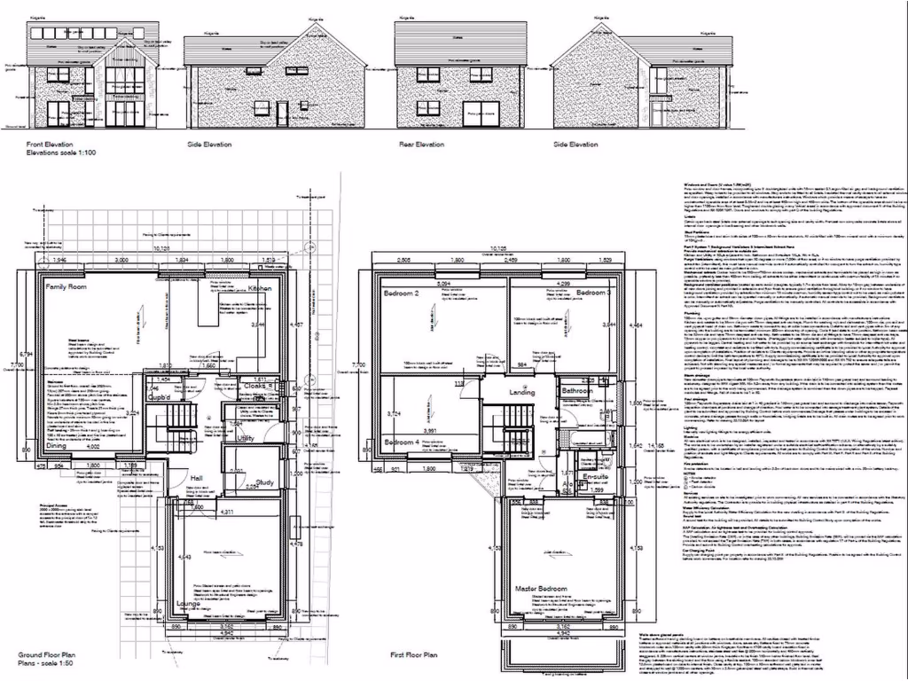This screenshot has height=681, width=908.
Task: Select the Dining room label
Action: [x=58, y=447]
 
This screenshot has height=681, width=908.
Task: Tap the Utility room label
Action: [x=246, y=438]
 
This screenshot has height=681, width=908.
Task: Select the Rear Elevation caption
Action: [x=419, y=145]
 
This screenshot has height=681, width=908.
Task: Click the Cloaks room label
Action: [x=260, y=386]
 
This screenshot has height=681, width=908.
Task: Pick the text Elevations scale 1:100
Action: [x=60, y=153]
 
